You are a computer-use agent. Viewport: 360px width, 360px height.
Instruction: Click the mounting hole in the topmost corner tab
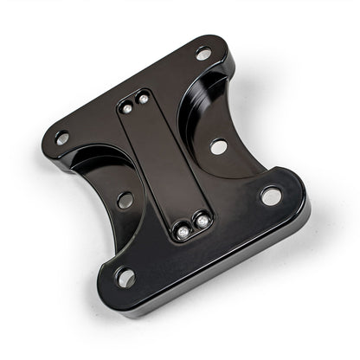pyautogui.click(x=203, y=54)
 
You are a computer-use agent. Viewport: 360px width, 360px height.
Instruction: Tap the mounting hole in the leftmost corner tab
pyautogui.click(x=61, y=138)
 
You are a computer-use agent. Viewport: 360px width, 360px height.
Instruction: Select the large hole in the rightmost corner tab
pyautogui.click(x=271, y=196)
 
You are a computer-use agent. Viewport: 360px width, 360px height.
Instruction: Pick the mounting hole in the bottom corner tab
pyautogui.click(x=126, y=278)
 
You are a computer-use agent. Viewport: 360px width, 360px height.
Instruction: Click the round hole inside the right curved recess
pyautogui.click(x=218, y=146)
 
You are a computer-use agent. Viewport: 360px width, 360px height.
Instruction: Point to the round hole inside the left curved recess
pyautogui.click(x=125, y=200)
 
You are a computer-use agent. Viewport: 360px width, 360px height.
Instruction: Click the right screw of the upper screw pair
pyautogui.click(x=142, y=99)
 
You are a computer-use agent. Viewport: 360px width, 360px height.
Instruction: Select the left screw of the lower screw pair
pyautogui.click(x=183, y=232)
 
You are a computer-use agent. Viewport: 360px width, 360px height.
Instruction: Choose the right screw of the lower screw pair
pyautogui.click(x=202, y=222)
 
